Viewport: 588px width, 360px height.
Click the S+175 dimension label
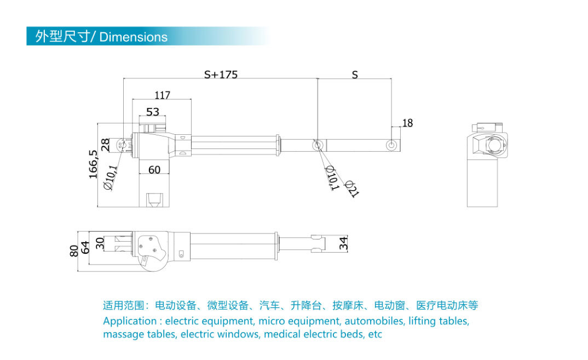[x=221, y=75]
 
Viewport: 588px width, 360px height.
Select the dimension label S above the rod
[x=355, y=75]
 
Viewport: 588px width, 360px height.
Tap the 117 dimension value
[x=163, y=95]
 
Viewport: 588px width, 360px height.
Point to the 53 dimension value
[x=153, y=112]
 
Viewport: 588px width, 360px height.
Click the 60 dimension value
[x=154, y=170]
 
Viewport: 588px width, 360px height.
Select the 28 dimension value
[x=106, y=145]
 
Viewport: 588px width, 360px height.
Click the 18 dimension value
[x=407, y=123]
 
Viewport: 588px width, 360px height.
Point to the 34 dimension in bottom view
[x=344, y=244]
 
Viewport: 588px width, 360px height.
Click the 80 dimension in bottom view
[x=74, y=251]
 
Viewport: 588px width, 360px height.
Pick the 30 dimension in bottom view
[x=100, y=243]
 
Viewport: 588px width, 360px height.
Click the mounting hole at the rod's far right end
[x=391, y=145]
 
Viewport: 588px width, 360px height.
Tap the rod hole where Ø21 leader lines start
[x=317, y=145]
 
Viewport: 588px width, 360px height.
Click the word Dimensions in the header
[x=134, y=37]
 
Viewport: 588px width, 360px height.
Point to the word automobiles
[x=374, y=321]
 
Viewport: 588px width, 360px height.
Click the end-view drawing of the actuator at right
[x=487, y=164]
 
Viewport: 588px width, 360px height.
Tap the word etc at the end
[x=375, y=334]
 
